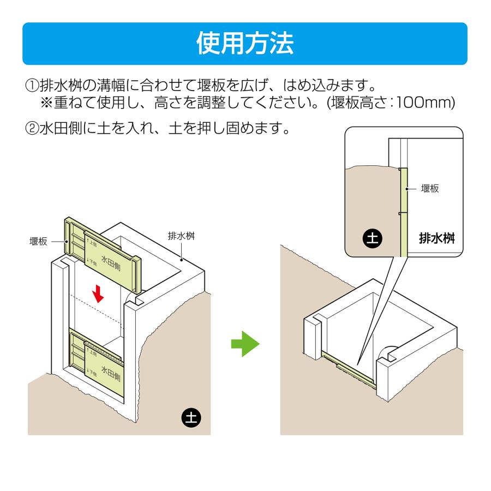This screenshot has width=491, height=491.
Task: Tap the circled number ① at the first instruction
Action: click(x=32, y=86)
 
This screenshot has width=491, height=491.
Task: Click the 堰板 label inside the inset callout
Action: click(x=430, y=189)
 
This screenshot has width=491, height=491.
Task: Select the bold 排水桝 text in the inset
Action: click(x=437, y=238)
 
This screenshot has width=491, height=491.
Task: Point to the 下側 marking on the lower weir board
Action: click(x=92, y=372)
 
